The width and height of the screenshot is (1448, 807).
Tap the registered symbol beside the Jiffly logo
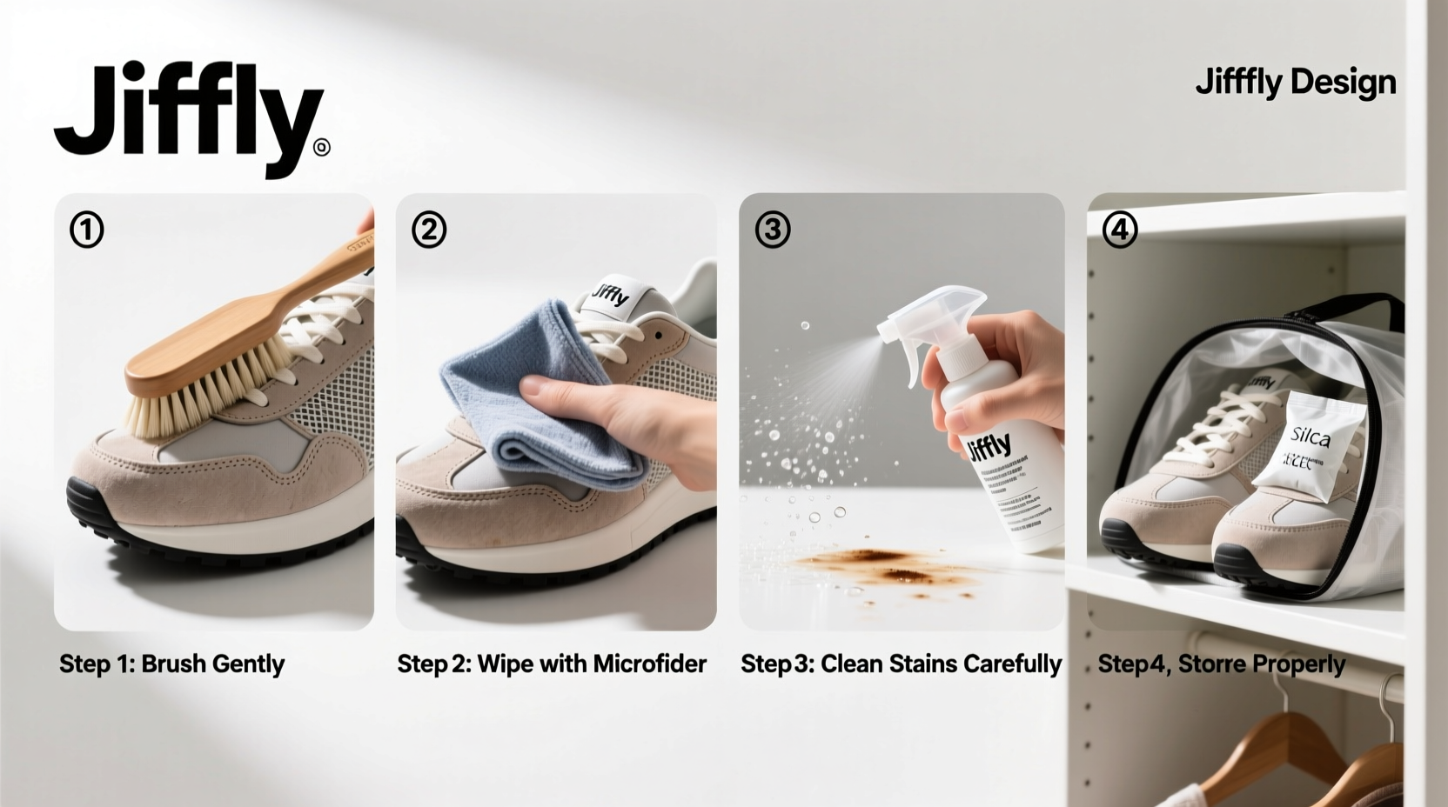(321, 148)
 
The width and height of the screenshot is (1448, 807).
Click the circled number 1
(86, 230)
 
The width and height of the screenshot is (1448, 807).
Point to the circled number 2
(428, 230)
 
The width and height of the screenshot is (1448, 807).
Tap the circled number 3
(773, 230)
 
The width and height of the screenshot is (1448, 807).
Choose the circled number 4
(1119, 230)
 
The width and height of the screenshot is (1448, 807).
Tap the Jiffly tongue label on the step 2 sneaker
(612, 296)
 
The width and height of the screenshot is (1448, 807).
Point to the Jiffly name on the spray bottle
(989, 448)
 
